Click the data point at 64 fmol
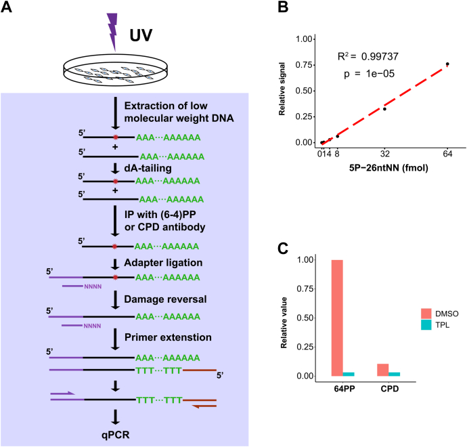tap(447, 64)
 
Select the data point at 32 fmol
tap(384, 109)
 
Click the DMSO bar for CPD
tap(382, 370)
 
